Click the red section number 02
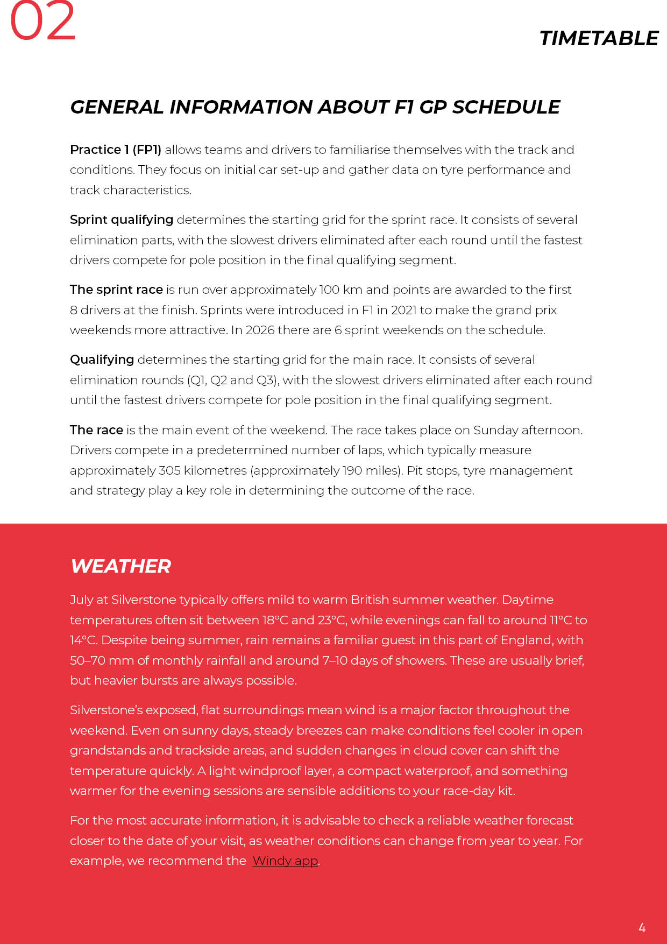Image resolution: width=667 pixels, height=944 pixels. [43, 22]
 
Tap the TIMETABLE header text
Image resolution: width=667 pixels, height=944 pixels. [599, 39]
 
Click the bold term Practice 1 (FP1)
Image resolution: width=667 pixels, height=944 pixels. [116, 150]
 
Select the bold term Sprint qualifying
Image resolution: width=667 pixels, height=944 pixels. [122, 220]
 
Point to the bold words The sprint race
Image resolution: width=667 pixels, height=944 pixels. [116, 290]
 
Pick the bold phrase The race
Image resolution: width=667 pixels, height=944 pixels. [96, 430]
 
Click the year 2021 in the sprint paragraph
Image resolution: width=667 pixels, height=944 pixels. [403, 310]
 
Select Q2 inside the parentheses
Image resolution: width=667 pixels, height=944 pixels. [218, 380]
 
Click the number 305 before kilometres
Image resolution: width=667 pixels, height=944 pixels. [169, 470]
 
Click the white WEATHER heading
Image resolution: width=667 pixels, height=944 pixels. [120, 566]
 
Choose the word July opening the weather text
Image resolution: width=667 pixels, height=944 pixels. [81, 600]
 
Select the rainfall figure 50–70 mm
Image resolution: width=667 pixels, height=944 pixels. [102, 660]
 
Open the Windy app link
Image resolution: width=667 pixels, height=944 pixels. [285, 861]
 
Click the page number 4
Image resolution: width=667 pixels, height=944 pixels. [642, 927]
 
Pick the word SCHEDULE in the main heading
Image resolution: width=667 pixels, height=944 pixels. [506, 107]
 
